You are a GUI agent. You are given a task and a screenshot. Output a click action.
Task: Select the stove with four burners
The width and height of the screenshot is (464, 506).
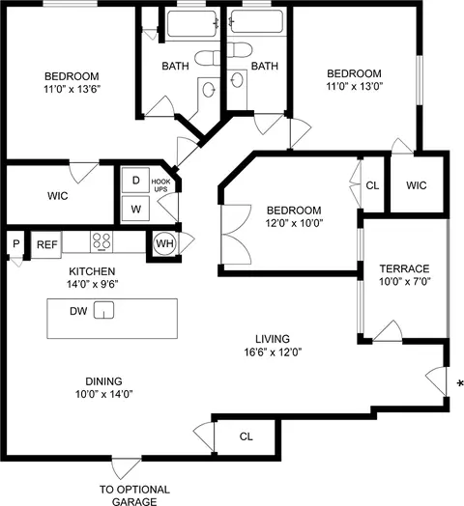tap(103, 242)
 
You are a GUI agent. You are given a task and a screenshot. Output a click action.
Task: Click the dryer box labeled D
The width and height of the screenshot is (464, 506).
tap(135, 181)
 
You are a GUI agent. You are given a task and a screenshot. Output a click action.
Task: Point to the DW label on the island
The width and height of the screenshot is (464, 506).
tap(76, 311)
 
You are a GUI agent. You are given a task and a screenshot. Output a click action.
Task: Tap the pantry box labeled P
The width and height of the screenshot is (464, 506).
tap(15, 245)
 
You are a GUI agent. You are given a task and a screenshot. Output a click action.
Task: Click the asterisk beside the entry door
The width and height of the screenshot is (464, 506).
tap(458, 384)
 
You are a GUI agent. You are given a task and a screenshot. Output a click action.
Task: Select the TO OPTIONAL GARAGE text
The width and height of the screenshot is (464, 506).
tap(134, 495)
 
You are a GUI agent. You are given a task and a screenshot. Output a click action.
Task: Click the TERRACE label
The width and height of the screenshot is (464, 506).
tap(403, 268)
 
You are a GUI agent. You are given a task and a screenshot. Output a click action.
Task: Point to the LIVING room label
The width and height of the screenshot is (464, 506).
tap(273, 339)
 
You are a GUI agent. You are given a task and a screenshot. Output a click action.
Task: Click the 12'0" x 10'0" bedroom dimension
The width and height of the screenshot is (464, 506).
tap(293, 223)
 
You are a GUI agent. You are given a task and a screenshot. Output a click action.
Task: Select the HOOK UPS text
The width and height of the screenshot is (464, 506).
tap(160, 185)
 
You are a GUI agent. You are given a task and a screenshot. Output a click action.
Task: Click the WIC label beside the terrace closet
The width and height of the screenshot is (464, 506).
tap(417, 185)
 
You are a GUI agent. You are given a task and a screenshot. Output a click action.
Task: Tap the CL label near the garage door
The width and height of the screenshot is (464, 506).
tap(246, 436)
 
